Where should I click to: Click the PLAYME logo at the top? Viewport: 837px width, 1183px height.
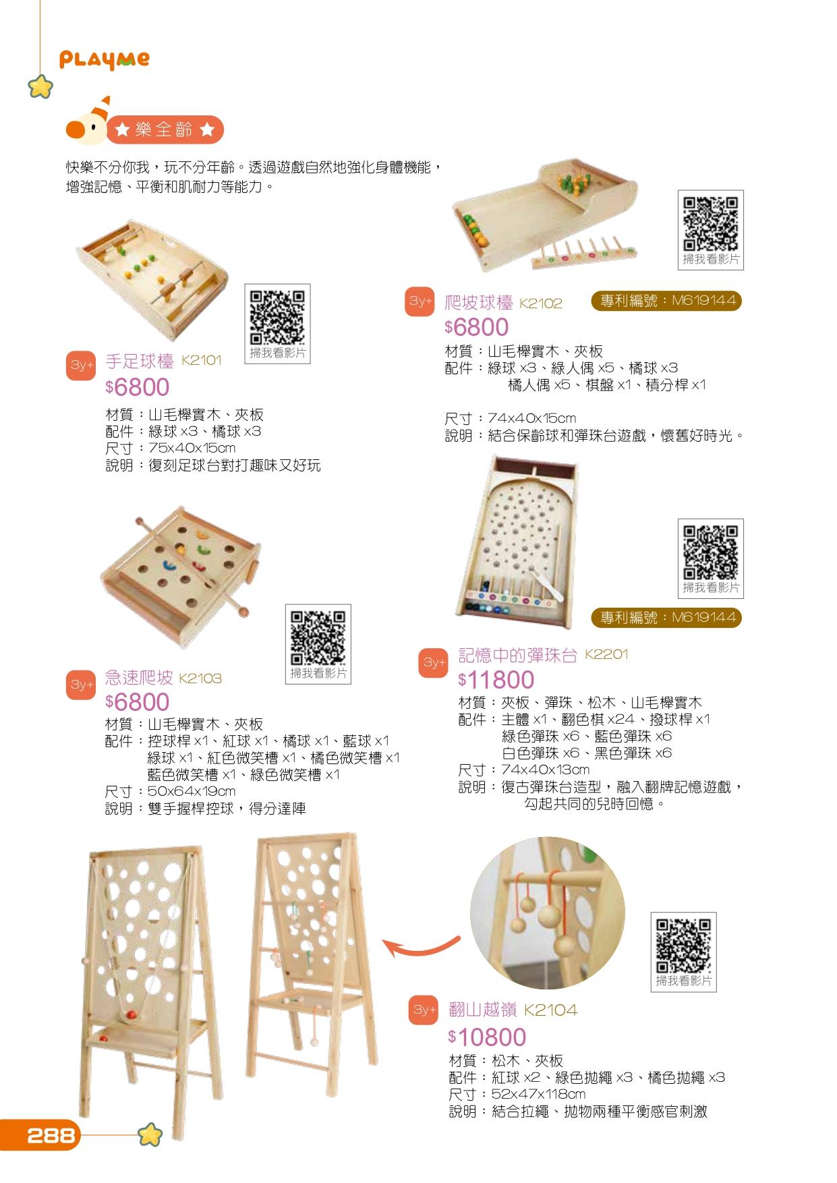pyautogui.click(x=105, y=60)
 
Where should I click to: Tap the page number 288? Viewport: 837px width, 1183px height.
pyautogui.click(x=51, y=1136)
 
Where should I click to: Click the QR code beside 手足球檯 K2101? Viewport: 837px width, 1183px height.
pyautogui.click(x=277, y=318)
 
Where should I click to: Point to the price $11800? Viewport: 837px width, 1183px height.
pyautogui.click(x=496, y=680)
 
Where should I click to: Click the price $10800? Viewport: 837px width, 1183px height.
pyautogui.click(x=487, y=1037)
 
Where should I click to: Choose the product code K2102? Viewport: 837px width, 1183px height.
pyautogui.click(x=540, y=304)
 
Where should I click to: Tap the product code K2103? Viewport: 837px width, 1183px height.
pyautogui.click(x=200, y=679)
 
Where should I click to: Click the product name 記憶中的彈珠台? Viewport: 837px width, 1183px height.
pyautogui.click(x=518, y=655)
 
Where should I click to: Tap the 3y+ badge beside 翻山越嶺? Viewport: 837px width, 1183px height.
pyautogui.click(x=424, y=1010)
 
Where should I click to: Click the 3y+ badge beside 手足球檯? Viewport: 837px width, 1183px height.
pyautogui.click(x=80, y=365)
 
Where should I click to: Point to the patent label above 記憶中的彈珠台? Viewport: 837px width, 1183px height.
pyautogui.click(x=666, y=617)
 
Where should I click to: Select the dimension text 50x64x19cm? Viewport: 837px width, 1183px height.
pyautogui.click(x=192, y=791)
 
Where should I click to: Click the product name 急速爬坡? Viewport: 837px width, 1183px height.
pyautogui.click(x=139, y=677)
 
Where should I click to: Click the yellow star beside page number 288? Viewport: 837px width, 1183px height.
pyautogui.click(x=150, y=1135)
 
